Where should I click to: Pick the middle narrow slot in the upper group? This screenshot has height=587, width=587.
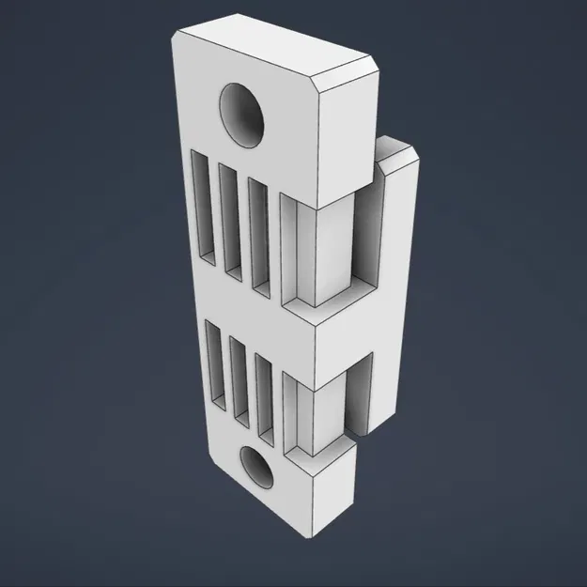[x=228, y=220]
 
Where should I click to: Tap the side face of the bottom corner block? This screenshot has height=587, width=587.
[x=333, y=502]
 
